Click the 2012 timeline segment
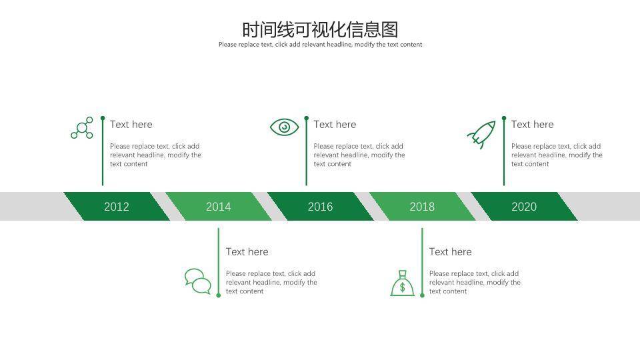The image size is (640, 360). (117, 207)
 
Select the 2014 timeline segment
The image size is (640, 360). (218, 207)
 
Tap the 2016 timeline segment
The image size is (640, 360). (320, 207)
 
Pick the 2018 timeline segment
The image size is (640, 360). (422, 207)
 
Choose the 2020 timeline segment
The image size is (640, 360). (524, 207)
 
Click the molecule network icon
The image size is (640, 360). (83, 128)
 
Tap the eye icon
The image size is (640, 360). (285, 127)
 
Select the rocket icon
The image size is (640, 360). (481, 134)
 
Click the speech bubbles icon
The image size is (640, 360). (198, 281)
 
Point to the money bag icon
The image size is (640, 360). (402, 284)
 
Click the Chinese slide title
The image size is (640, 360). (320, 30)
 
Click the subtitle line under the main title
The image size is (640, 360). (320, 45)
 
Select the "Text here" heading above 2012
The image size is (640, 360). (131, 125)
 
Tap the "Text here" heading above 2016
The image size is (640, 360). (335, 125)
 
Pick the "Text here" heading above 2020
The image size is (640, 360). (533, 125)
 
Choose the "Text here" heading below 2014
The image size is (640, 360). (247, 252)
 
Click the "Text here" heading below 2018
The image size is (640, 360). (451, 252)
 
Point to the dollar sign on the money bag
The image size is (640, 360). (402, 288)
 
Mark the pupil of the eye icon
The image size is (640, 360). (285, 127)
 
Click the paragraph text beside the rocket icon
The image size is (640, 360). (557, 155)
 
